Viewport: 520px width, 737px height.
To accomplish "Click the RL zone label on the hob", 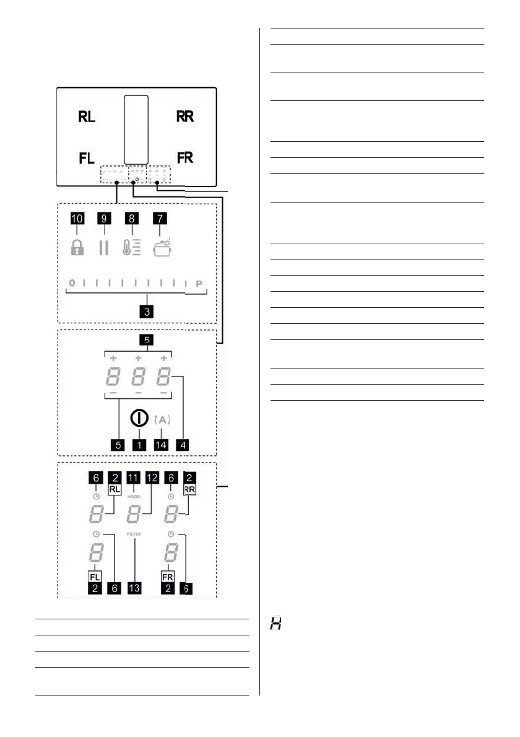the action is tap(87, 117).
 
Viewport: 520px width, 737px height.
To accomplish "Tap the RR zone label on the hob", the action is tap(184, 117).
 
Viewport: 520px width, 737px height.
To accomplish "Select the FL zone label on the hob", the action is tap(87, 158).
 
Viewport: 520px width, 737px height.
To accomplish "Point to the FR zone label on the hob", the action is tap(184, 157).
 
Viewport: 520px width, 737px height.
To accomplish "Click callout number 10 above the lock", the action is tap(76, 219).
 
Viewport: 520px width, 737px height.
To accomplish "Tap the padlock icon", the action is tap(76, 248).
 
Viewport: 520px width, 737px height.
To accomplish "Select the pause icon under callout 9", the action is tap(103, 248).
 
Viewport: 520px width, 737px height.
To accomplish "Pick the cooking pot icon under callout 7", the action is tap(162, 247).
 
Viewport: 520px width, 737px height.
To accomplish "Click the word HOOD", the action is tap(134, 497).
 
